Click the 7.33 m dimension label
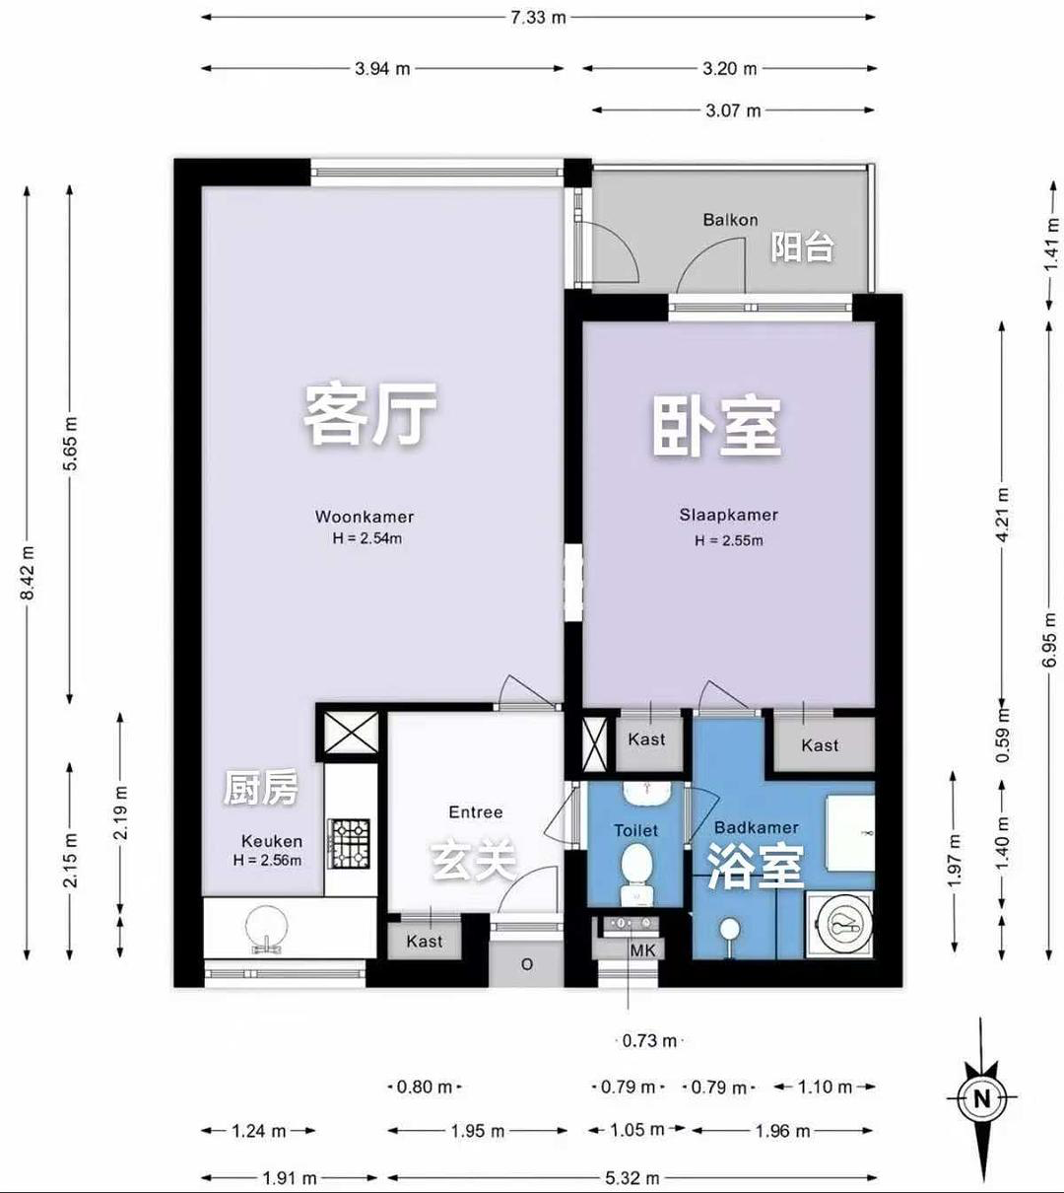(x=538, y=18)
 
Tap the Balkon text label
(x=730, y=220)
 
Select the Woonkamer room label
(x=365, y=517)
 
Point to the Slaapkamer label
(x=729, y=515)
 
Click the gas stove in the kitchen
(x=350, y=843)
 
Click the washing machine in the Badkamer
(x=839, y=925)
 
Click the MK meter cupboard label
(x=642, y=950)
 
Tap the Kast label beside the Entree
(x=425, y=941)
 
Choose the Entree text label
(x=476, y=812)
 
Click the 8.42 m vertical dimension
(x=27, y=573)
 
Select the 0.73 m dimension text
(x=649, y=1041)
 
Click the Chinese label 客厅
(x=370, y=413)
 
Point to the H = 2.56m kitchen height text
(x=267, y=860)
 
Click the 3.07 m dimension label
(x=733, y=110)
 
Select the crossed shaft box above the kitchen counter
(x=352, y=732)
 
